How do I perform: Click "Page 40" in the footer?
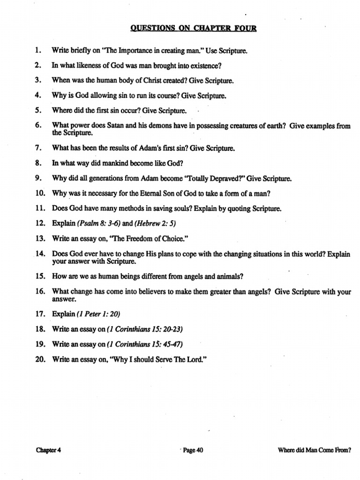193,450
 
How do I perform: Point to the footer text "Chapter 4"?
49,450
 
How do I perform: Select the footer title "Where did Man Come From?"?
314,450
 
